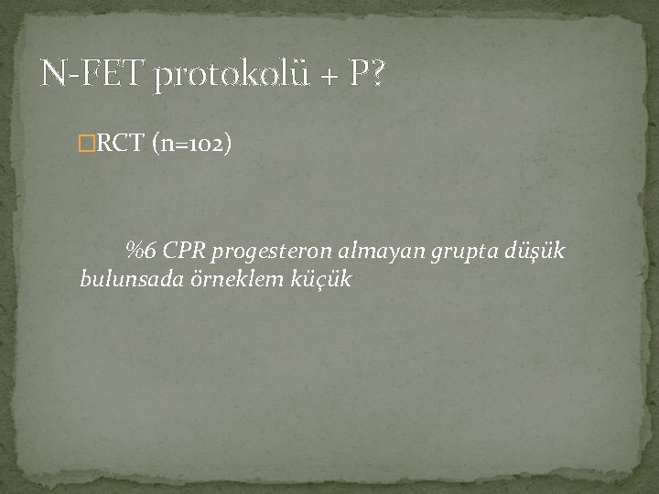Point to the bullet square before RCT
87,143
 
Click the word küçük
323,278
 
